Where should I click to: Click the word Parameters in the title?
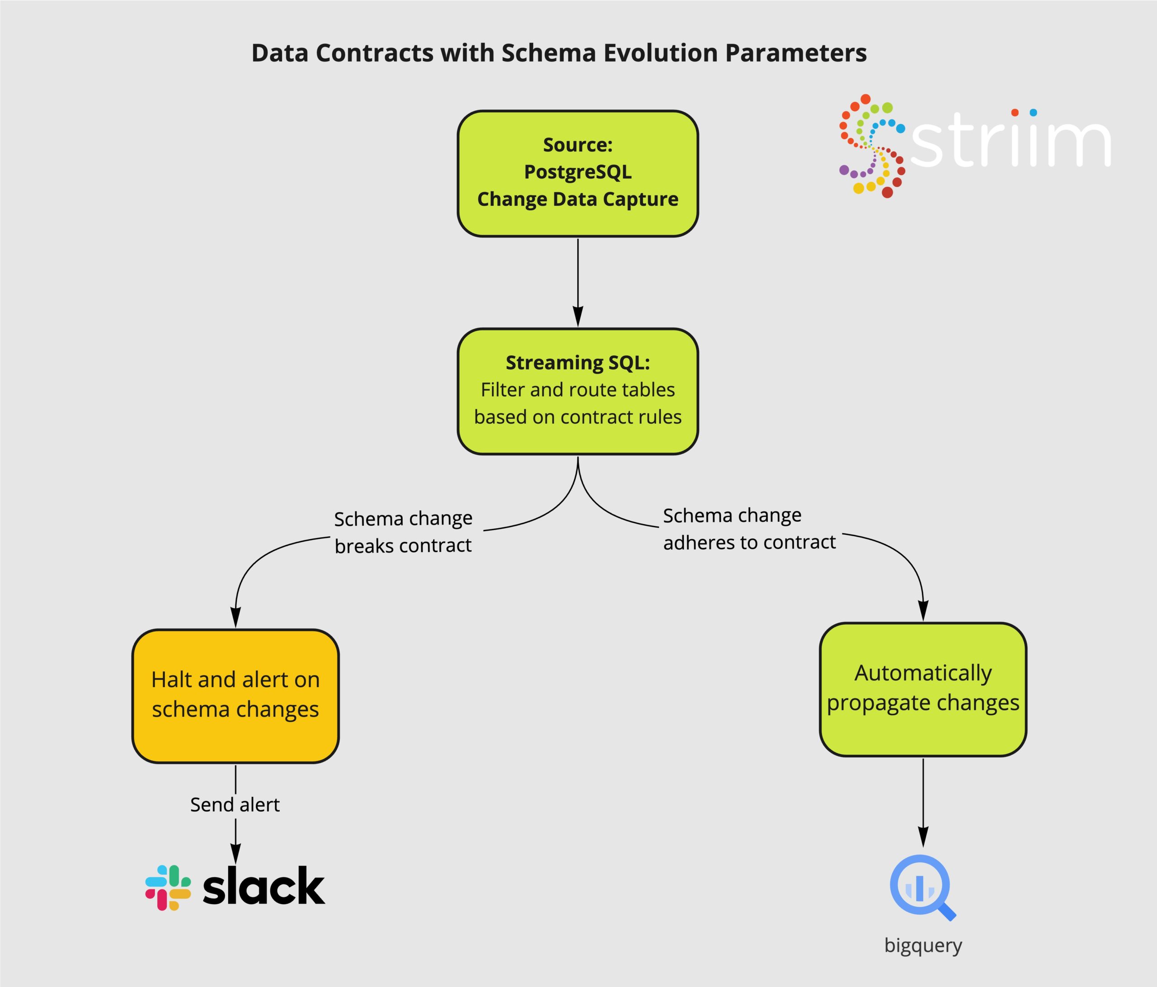tap(796, 53)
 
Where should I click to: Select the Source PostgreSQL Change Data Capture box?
tap(578, 174)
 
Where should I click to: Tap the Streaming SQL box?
tap(578, 392)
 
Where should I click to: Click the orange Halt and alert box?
tap(235, 696)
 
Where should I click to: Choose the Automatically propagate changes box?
tap(923, 689)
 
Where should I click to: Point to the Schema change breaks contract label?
tap(403, 532)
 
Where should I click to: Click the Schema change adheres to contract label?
tap(749, 529)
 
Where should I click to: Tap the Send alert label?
tap(235, 804)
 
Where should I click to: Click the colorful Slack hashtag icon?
tap(168, 888)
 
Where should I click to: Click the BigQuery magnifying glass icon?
tap(922, 887)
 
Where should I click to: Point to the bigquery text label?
tap(923, 946)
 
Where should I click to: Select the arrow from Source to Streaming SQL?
tap(578, 283)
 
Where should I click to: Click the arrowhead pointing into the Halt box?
tap(235, 617)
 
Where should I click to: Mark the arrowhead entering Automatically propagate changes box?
tap(923, 610)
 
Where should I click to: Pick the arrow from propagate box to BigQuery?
tap(923, 803)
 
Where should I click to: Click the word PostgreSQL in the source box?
tap(578, 172)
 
